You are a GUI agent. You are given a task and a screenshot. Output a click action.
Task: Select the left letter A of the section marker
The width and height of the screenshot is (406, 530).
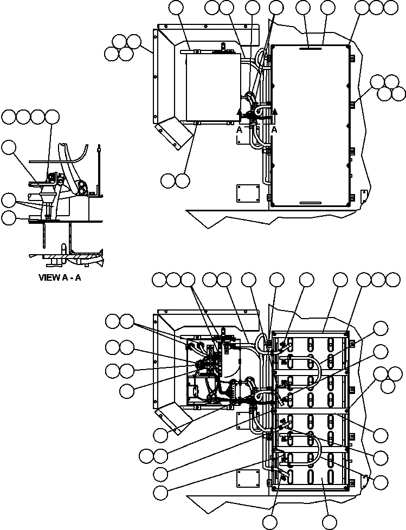coord(239,130)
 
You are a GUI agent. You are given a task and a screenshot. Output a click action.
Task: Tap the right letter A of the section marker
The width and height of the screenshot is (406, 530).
coord(274,130)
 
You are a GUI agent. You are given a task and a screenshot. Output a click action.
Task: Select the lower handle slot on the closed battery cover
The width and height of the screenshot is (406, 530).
coord(310,203)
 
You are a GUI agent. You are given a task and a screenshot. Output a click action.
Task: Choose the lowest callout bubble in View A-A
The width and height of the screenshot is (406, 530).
coord(9,218)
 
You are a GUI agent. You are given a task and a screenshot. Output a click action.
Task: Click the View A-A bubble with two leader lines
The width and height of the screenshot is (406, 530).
coord(9,200)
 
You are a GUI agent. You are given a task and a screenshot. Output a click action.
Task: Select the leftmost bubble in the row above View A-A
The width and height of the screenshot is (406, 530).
coord(9,117)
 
